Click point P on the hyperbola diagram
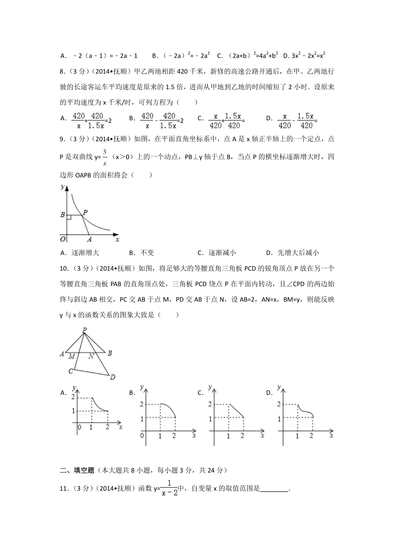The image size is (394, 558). click(x=85, y=213)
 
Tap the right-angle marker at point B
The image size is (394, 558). click(x=69, y=217)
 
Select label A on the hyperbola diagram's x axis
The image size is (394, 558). click(x=89, y=240)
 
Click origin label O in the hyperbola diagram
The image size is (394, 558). click(x=63, y=239)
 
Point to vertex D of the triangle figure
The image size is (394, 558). click(x=112, y=377)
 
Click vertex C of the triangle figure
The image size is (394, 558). click(x=71, y=371)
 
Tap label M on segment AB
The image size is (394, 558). click(x=72, y=356)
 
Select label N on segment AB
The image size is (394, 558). click(x=91, y=356)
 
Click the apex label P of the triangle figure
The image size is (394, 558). click(x=85, y=330)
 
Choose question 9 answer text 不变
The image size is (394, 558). click(x=147, y=253)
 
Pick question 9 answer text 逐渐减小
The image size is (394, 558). click(x=222, y=253)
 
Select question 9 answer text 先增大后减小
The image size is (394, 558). click(x=298, y=253)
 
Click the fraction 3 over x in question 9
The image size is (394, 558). click(x=105, y=157)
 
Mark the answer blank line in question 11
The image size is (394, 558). click(x=274, y=489)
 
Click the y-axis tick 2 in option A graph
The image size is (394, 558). click(x=73, y=397)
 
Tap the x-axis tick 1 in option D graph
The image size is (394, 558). click(x=297, y=436)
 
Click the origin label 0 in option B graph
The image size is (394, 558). click(x=142, y=436)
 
